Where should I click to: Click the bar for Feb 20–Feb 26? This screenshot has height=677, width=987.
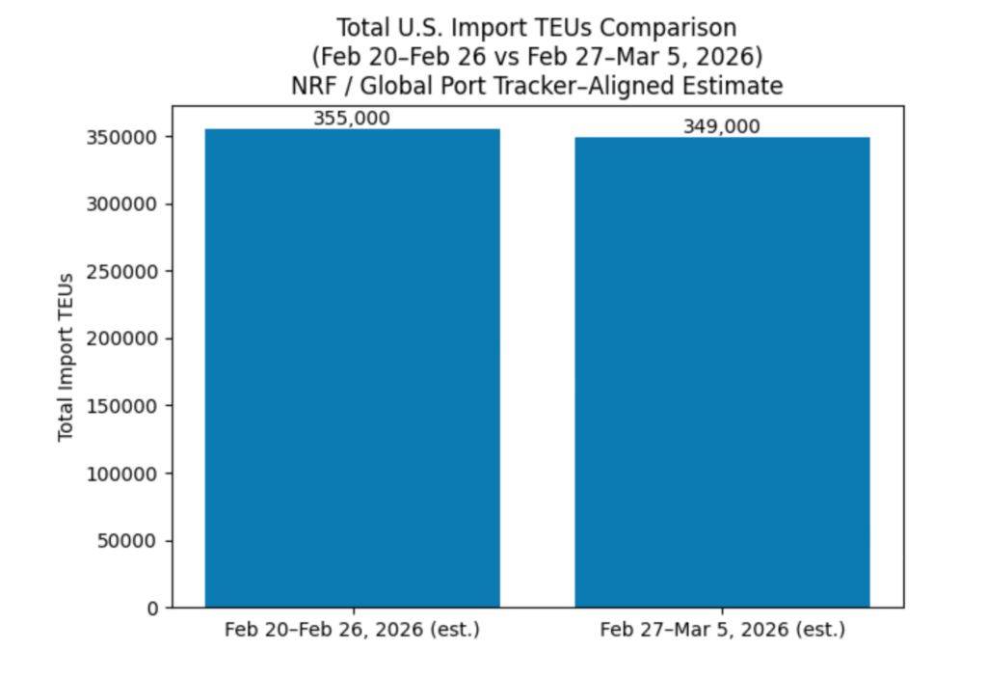(352, 367)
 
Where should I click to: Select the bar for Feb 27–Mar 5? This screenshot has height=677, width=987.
(722, 371)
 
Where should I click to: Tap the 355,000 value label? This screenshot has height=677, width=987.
(352, 119)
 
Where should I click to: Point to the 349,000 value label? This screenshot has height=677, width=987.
(722, 126)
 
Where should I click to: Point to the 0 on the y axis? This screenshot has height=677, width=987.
(153, 608)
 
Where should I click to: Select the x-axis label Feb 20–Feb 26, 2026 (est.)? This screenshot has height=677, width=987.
(352, 631)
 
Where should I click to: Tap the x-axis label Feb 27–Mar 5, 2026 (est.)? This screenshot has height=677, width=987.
(722, 631)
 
